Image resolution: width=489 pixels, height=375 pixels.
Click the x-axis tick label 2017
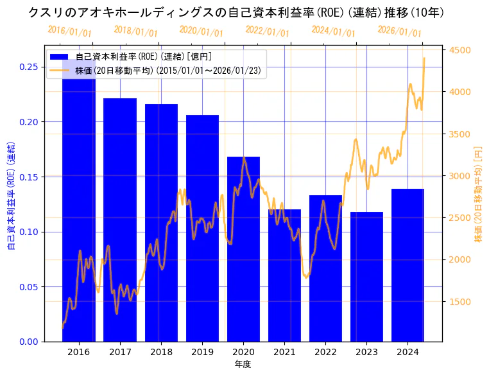[120, 352]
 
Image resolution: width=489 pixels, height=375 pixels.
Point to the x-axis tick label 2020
[243, 352]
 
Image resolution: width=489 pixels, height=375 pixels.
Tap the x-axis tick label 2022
[325, 352]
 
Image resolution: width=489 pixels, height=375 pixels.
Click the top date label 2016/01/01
[69, 31]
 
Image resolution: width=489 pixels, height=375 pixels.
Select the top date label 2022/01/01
[267, 31]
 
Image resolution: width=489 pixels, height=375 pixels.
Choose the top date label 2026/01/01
[399, 31]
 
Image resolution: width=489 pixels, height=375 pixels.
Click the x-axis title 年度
[243, 364]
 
